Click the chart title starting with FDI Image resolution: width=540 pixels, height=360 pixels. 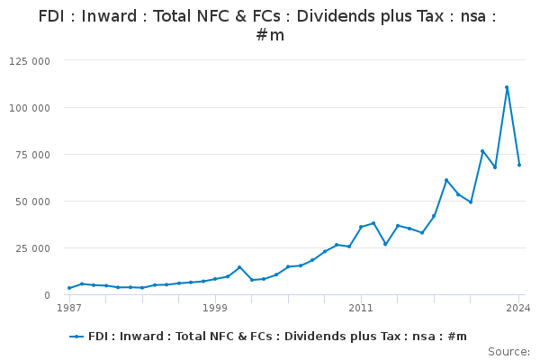pyautogui.click(x=270, y=25)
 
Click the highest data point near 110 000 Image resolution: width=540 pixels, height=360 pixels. pyautogui.click(x=507, y=87)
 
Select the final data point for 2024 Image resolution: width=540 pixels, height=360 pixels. pyautogui.click(x=519, y=165)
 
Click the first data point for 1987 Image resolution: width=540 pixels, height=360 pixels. pyautogui.click(x=69, y=288)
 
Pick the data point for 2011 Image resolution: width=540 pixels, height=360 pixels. pyautogui.click(x=361, y=227)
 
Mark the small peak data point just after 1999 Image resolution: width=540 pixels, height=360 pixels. pyautogui.click(x=239, y=267)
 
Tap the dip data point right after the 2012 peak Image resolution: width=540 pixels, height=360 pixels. pyautogui.click(x=385, y=244)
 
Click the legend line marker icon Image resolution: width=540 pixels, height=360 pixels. pyautogui.click(x=77, y=337)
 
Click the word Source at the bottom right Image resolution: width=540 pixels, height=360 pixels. pyautogui.click(x=508, y=352)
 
